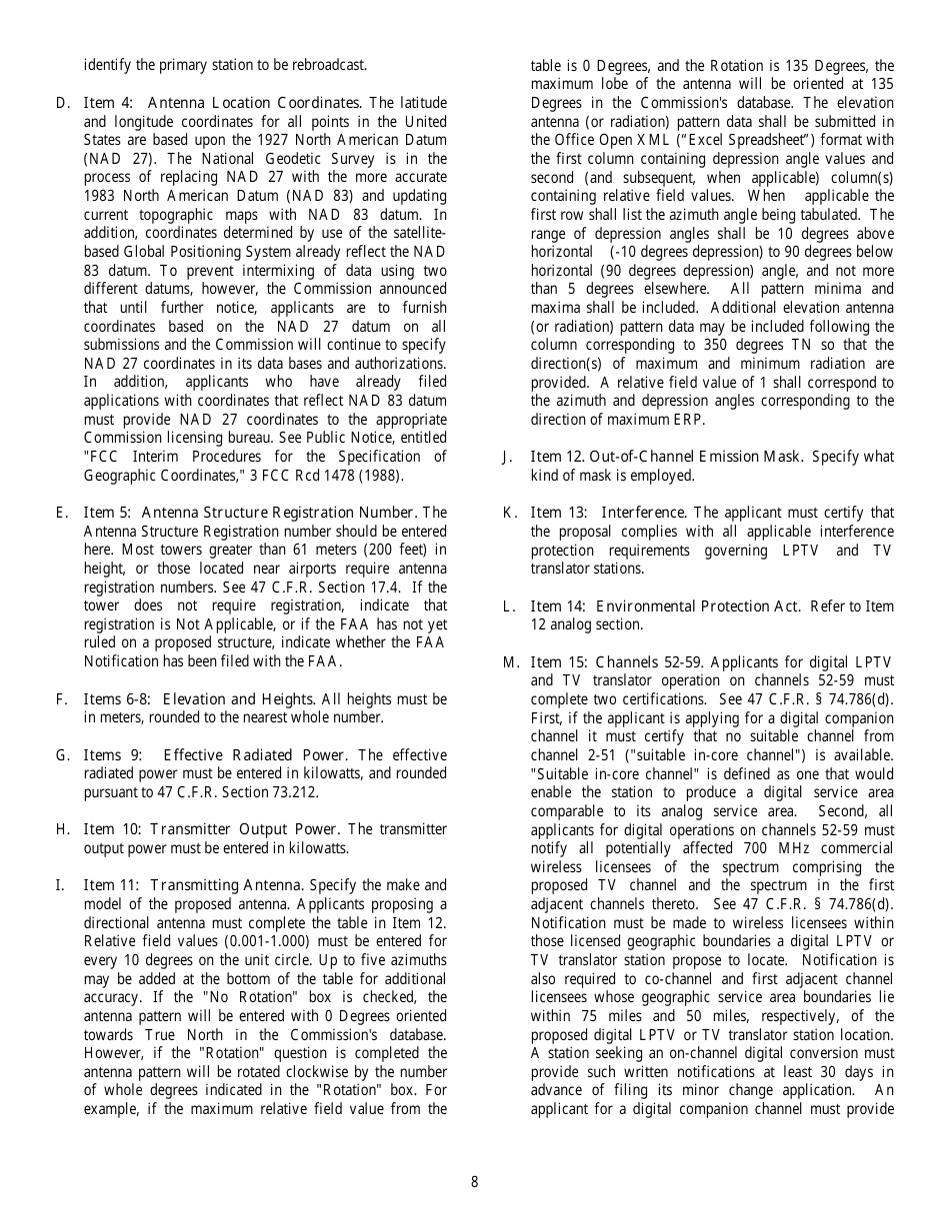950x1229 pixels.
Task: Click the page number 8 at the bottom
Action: coord(474,1182)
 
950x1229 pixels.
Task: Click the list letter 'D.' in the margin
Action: coord(62,103)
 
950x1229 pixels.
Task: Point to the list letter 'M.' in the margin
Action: coord(511,662)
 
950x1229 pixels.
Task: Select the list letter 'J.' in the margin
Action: coord(508,457)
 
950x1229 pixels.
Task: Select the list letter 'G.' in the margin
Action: coord(62,755)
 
